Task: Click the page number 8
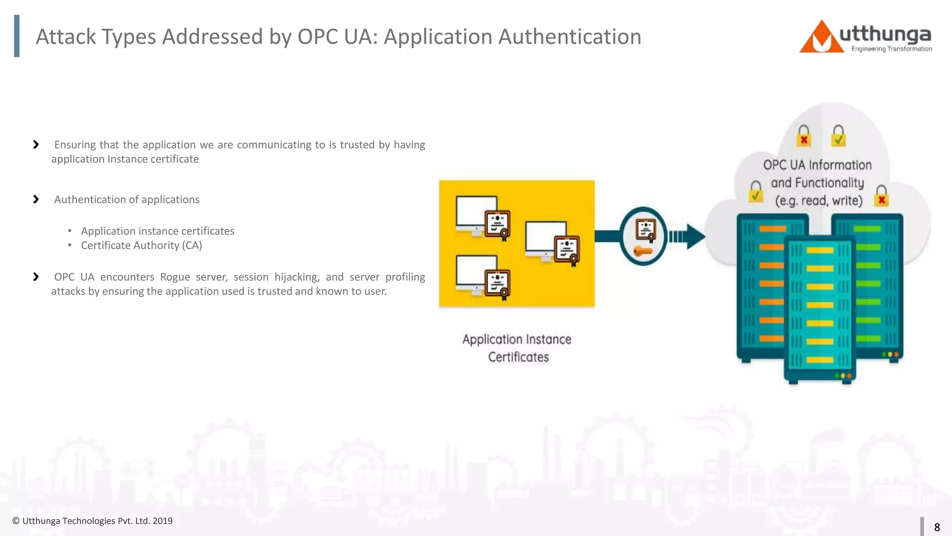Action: point(937,527)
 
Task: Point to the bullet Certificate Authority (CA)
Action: point(141,245)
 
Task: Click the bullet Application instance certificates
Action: point(157,231)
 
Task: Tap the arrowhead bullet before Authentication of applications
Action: point(36,199)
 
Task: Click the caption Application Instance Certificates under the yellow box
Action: point(517,348)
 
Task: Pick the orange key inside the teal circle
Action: point(643,252)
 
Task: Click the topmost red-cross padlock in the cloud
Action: point(803,136)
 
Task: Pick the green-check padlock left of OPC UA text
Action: point(756,192)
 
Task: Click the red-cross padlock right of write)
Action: point(881,196)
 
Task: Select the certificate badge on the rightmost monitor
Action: point(567,250)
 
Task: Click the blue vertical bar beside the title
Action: point(17,36)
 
